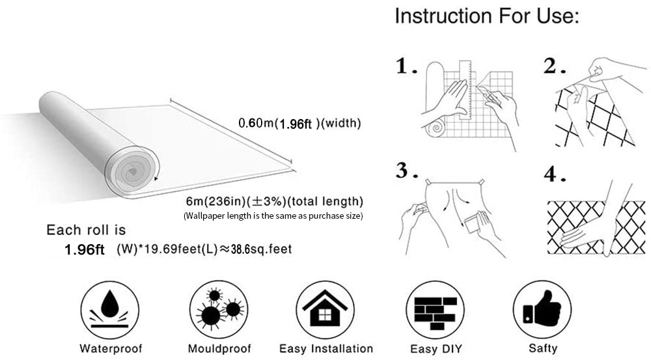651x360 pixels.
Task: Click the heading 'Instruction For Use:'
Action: (x=486, y=17)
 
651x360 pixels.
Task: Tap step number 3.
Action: (x=406, y=171)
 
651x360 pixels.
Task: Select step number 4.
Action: (x=552, y=176)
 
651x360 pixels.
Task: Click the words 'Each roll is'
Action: (x=86, y=230)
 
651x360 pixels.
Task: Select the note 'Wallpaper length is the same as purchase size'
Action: (x=273, y=215)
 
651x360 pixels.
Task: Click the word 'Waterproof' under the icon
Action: (x=111, y=348)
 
